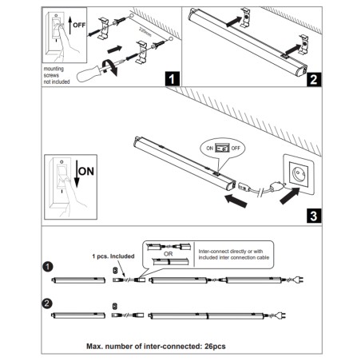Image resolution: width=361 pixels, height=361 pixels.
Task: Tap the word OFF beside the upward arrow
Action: [x=78, y=26]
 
